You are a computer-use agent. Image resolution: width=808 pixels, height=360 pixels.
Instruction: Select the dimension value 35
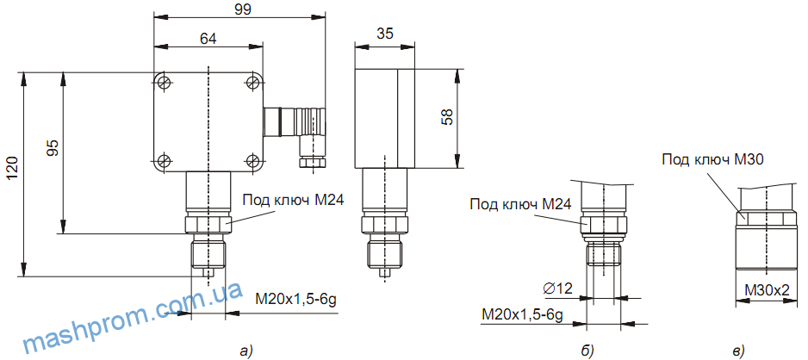tap(386, 34)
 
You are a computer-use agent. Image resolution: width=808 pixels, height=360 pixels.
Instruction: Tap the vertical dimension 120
tap(12, 173)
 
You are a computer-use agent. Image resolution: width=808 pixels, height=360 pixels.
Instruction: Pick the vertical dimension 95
tap(53, 148)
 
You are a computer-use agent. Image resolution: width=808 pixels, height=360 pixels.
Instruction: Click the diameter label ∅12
tap(558, 288)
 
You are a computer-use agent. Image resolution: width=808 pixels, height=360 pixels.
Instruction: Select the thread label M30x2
tap(766, 290)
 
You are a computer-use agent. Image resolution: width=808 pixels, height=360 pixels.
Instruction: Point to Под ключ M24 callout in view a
tap(293, 200)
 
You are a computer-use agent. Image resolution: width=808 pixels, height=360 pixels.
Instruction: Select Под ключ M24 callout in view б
tap(521, 205)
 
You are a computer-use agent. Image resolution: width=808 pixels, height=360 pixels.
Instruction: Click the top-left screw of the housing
tap(164, 82)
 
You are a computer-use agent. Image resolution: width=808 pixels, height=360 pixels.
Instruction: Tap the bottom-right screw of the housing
tap(252, 160)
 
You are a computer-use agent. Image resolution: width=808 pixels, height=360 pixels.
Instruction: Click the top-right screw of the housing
tap(252, 82)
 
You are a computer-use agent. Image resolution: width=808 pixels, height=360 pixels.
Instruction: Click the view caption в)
tap(738, 349)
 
